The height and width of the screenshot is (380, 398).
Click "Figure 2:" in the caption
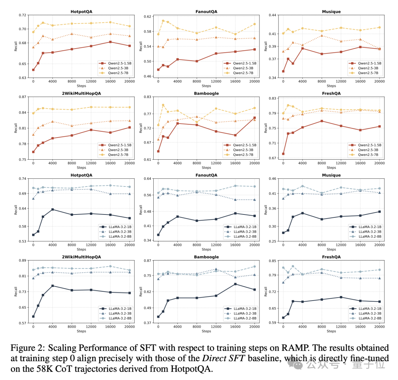(x=25, y=348)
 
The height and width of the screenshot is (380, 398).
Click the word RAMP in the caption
(x=284, y=348)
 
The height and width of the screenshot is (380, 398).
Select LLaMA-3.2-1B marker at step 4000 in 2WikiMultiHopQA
(x=52, y=286)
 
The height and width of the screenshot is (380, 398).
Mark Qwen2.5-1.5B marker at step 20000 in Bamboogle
(x=254, y=118)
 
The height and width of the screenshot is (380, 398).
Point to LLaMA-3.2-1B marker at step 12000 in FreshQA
(x=341, y=297)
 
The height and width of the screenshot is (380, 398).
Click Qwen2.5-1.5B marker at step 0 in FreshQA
(x=283, y=154)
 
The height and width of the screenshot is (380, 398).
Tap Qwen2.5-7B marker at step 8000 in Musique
(x=322, y=31)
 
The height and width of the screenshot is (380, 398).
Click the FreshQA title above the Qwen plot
(x=331, y=93)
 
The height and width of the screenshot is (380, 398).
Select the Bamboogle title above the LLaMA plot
(x=206, y=257)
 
